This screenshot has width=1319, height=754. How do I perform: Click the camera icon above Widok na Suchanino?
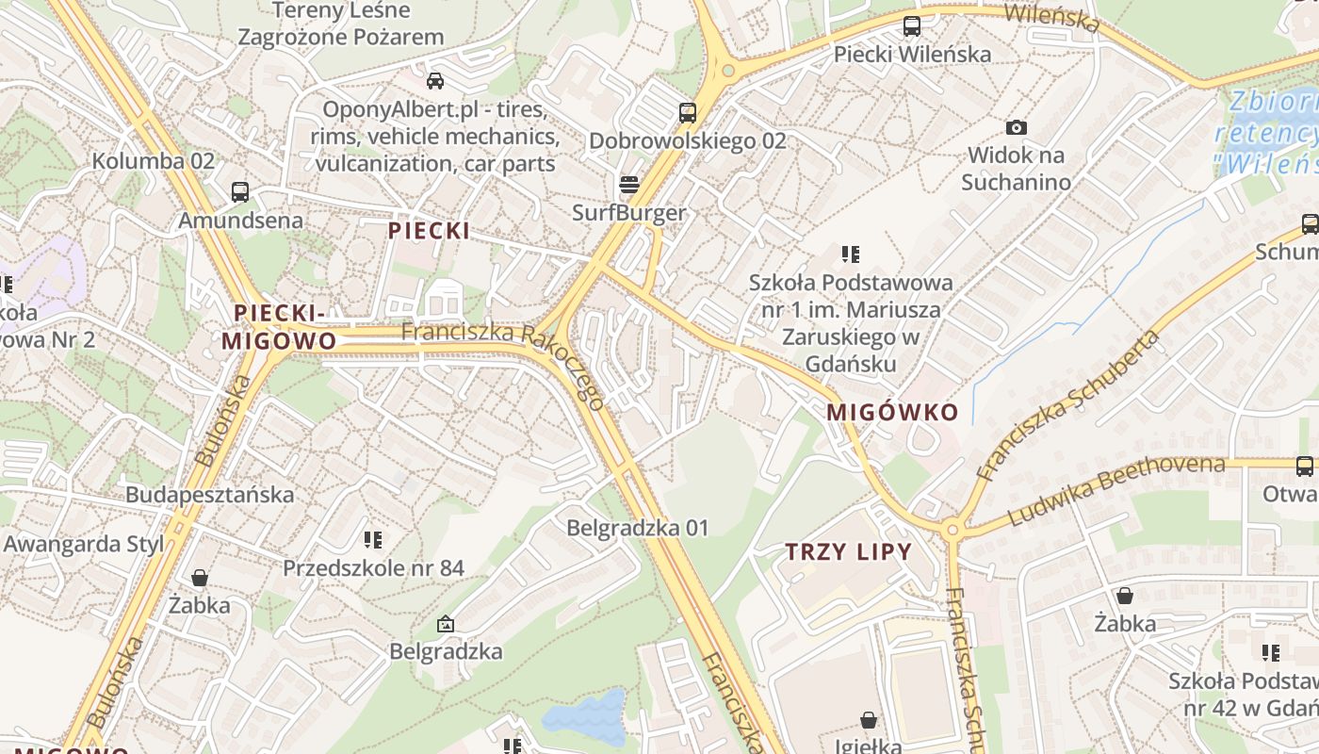(x=1016, y=127)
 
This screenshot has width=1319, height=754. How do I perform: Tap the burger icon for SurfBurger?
(x=629, y=183)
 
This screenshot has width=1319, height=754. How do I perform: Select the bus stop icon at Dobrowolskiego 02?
(x=688, y=113)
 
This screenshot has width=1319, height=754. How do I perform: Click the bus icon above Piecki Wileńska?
(x=912, y=26)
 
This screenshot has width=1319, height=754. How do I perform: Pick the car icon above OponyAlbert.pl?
(x=435, y=80)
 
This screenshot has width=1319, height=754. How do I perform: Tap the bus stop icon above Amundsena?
(x=240, y=192)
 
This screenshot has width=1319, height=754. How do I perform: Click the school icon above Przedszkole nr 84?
(x=373, y=540)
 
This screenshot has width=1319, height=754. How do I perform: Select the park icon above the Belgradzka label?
(x=446, y=623)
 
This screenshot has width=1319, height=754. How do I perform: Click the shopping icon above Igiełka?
(x=868, y=720)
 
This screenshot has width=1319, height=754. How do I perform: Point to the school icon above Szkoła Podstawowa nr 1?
(x=851, y=254)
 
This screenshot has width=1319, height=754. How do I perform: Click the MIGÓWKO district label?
(x=892, y=412)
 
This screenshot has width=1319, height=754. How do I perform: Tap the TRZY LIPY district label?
(x=849, y=552)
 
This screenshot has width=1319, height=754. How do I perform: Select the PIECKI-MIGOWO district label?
(x=279, y=327)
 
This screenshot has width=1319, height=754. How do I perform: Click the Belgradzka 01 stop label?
(x=637, y=528)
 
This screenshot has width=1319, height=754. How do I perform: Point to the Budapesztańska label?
(x=209, y=495)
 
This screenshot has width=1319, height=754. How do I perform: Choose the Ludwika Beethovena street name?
(x=1116, y=490)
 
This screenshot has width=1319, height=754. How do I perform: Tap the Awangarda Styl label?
(x=84, y=544)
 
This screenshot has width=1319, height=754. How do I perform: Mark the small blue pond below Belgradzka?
(x=586, y=718)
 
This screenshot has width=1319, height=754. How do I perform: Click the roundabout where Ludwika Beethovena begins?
(x=953, y=530)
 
